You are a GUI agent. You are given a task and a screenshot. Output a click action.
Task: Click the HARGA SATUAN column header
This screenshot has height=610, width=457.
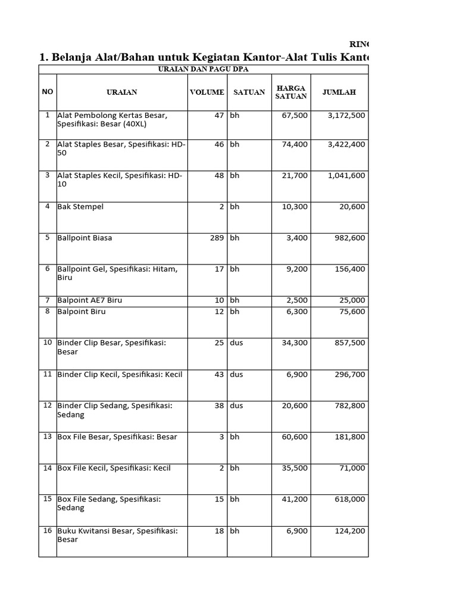[291, 92]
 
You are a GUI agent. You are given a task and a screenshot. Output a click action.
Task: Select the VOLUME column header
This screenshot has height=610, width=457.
[206, 92]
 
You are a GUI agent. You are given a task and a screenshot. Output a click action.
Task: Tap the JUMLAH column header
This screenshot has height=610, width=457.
[339, 92]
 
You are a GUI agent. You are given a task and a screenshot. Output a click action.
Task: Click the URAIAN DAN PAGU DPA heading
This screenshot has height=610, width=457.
[203, 70]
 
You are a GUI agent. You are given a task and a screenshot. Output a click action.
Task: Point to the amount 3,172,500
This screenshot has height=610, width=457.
[346, 116]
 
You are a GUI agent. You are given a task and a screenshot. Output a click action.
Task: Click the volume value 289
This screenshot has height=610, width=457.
[216, 238]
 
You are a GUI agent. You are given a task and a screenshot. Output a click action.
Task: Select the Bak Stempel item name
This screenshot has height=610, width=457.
[80, 207]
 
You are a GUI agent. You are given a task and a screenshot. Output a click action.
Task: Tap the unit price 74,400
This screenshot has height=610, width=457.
[295, 144]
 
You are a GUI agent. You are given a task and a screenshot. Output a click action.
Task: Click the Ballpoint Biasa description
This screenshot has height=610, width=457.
[84, 238]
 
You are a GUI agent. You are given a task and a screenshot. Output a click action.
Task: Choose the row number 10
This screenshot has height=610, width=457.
[48, 343]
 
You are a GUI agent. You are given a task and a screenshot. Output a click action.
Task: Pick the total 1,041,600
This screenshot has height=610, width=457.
[346, 176]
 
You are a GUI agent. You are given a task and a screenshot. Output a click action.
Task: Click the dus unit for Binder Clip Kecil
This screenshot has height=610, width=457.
[236, 375]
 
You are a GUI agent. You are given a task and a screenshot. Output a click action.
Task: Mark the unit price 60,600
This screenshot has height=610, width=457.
[295, 437]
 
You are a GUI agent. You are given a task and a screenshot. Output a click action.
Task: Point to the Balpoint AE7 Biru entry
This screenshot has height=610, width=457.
[89, 300]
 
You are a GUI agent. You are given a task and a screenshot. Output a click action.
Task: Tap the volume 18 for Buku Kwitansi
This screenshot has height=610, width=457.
[219, 531]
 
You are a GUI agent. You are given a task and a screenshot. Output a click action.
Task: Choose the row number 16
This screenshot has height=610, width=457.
[48, 530]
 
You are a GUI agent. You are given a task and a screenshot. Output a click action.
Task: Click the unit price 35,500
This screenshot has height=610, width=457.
[295, 468]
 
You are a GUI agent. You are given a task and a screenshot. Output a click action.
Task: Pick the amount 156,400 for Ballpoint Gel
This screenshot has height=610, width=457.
[349, 269]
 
